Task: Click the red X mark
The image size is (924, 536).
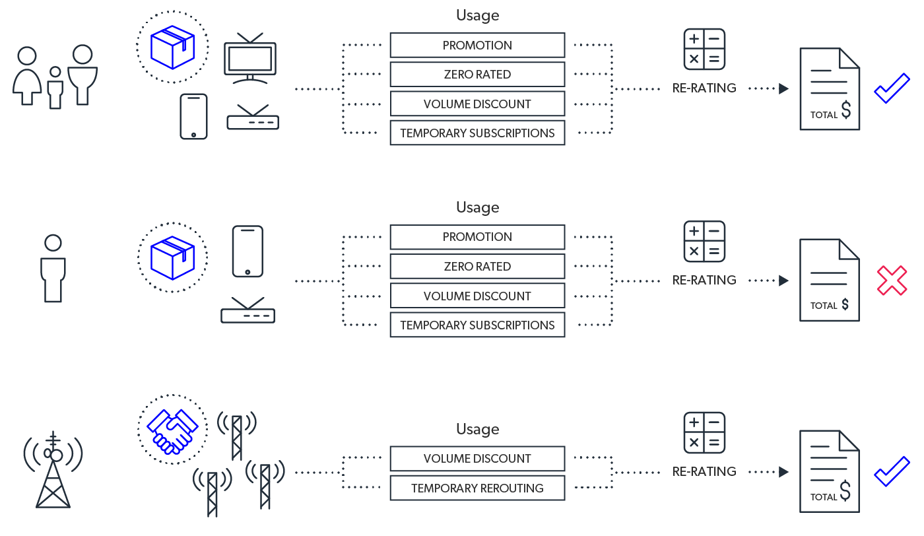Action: tap(892, 281)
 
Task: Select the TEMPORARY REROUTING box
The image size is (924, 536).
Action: tap(477, 488)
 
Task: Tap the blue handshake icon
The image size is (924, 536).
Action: tap(172, 430)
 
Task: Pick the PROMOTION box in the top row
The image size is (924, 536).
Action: tap(477, 46)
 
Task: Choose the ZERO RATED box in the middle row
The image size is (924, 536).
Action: tap(477, 267)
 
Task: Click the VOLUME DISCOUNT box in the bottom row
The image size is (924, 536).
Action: tap(477, 459)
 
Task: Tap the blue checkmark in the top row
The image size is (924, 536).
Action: tap(892, 88)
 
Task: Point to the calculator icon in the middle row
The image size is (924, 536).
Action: tap(704, 242)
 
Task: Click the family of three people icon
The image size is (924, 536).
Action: tap(55, 77)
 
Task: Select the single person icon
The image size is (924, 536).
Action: tap(53, 269)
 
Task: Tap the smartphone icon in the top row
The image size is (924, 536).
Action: tap(193, 116)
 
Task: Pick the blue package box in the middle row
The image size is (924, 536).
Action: tap(172, 257)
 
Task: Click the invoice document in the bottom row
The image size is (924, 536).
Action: tap(830, 471)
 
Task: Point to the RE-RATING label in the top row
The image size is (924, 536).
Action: tap(704, 88)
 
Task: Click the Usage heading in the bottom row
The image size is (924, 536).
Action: tap(477, 430)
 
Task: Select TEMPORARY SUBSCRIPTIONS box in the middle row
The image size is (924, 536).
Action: tap(477, 325)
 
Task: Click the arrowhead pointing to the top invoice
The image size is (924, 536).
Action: tap(784, 88)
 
